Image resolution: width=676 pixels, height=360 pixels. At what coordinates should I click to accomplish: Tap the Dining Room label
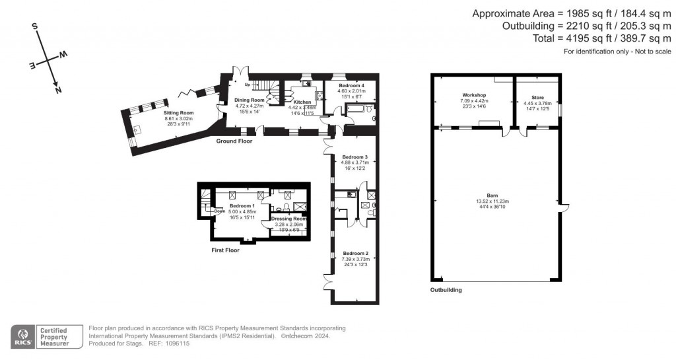[250, 100]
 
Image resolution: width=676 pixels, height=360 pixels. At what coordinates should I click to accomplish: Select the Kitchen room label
[302, 102]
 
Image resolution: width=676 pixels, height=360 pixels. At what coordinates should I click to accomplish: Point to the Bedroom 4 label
[352, 86]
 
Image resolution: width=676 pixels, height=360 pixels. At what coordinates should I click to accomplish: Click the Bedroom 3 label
[355, 157]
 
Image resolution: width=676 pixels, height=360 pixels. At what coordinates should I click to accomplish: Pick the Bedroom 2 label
[355, 253]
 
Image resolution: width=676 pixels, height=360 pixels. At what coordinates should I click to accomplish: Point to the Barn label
[492, 195]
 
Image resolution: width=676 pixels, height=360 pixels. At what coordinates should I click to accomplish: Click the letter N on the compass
[58, 90]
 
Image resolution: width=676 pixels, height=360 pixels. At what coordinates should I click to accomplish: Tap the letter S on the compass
[36, 27]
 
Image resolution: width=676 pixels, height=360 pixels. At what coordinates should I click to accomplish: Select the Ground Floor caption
[234, 141]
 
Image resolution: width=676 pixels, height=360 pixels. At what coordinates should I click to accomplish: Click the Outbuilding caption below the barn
[446, 290]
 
